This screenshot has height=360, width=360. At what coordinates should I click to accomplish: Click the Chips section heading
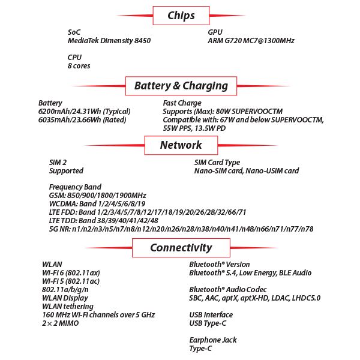(x=181, y=16)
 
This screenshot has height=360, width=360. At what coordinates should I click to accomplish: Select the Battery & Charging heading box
(x=181, y=86)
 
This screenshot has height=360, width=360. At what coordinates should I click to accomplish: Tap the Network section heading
(x=181, y=145)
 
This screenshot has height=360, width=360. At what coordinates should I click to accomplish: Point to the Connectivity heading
(x=181, y=248)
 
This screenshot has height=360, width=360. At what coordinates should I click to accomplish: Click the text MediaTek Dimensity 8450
(x=109, y=41)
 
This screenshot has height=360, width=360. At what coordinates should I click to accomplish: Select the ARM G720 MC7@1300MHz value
(x=251, y=41)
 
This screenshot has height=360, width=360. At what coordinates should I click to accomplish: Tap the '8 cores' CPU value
(x=79, y=66)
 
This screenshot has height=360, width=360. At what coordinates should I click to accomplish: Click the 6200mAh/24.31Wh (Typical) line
(x=84, y=112)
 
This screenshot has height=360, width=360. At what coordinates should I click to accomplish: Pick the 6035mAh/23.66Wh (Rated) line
(x=82, y=120)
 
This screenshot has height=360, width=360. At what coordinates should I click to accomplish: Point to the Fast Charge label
(x=182, y=103)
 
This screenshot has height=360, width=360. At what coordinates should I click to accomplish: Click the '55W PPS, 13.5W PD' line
(x=194, y=128)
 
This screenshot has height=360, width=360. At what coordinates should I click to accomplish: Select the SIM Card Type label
(x=217, y=163)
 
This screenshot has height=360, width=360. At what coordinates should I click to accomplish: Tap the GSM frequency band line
(x=98, y=196)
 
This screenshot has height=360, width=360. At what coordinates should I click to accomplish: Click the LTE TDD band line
(x=104, y=221)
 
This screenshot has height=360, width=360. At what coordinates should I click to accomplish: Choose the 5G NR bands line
(x=181, y=229)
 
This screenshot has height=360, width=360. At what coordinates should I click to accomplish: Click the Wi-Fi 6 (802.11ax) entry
(x=71, y=273)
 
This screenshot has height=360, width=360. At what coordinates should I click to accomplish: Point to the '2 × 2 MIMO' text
(x=61, y=323)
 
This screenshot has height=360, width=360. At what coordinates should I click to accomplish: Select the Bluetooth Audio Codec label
(x=228, y=290)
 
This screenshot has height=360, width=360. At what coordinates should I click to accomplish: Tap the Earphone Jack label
(x=213, y=340)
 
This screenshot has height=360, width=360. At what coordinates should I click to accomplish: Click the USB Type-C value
(x=208, y=323)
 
